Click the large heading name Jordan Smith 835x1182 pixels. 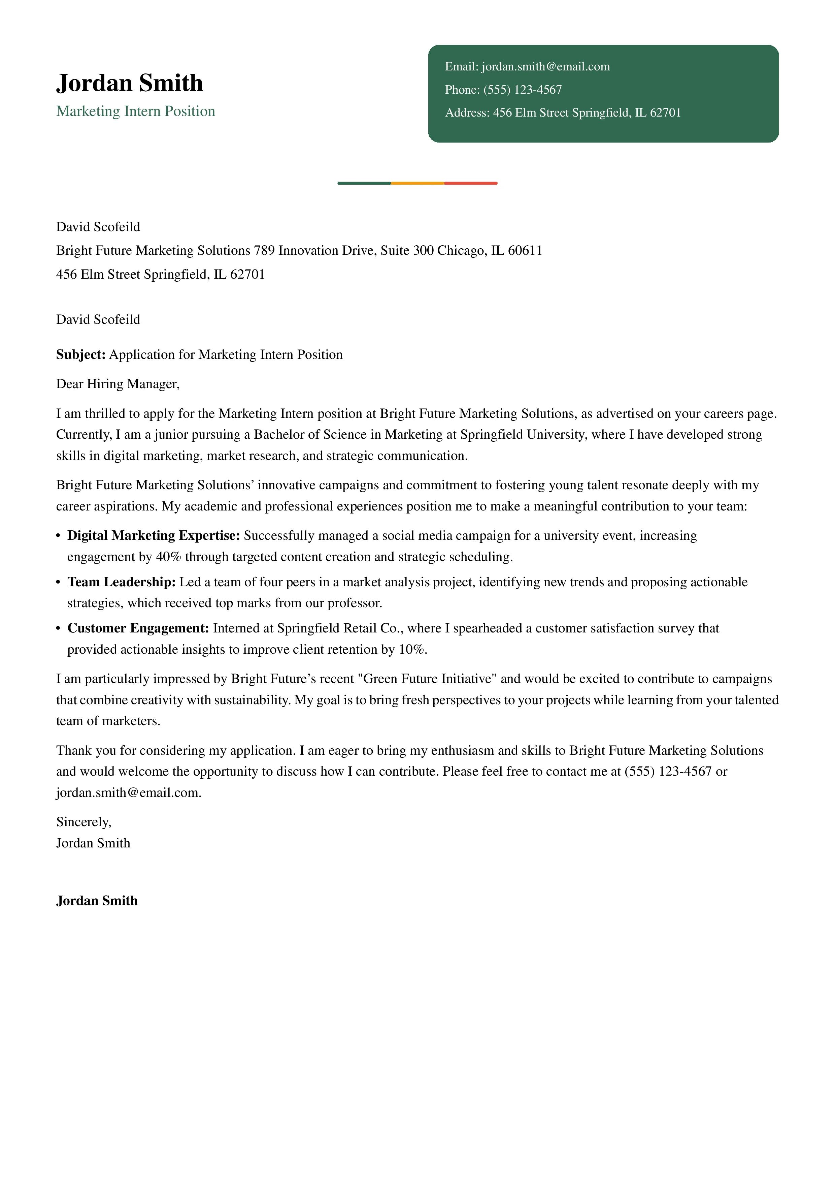[x=129, y=83]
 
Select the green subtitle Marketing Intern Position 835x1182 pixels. [x=135, y=111]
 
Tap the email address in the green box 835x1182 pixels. [x=545, y=66]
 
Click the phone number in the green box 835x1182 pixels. [x=522, y=90]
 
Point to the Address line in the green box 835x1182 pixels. [x=563, y=113]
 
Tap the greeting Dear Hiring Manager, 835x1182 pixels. [x=118, y=384]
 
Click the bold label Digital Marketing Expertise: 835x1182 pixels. [x=153, y=536]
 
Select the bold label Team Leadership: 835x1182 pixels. [x=122, y=582]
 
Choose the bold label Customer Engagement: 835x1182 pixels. [x=138, y=629]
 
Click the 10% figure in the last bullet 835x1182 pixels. [x=411, y=650]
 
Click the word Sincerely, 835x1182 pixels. [x=83, y=822]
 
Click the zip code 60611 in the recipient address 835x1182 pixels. [x=525, y=251]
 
